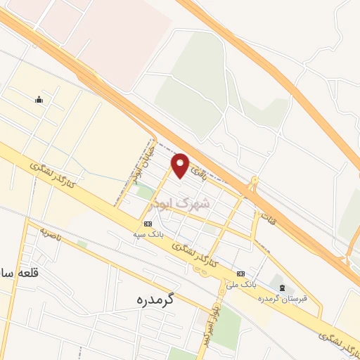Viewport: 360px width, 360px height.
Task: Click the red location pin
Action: pyautogui.click(x=181, y=165)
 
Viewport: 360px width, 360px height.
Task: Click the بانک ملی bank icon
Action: pyautogui.click(x=241, y=274)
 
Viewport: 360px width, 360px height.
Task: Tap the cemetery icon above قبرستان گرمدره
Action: pyautogui.click(x=282, y=288)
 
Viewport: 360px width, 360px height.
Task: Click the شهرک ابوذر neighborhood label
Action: pyautogui.click(x=181, y=204)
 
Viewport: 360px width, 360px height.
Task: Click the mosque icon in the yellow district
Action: pyautogui.click(x=39, y=99)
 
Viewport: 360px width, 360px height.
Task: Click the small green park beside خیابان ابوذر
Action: pyautogui.click(x=145, y=191)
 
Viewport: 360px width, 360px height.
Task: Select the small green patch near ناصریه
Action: pyautogui.click(x=82, y=244)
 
